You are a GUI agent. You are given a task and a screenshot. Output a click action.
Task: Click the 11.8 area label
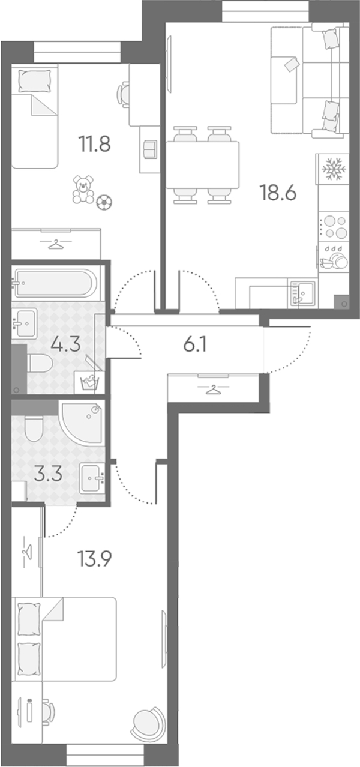tap(94, 144)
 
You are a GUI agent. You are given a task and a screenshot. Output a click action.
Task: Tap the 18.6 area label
tap(278, 193)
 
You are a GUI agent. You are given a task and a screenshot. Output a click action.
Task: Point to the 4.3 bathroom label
tap(65, 344)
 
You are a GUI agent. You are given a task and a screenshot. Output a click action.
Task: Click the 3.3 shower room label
tap(49, 474)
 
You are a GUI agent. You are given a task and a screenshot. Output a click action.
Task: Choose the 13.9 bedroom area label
tap(94, 559)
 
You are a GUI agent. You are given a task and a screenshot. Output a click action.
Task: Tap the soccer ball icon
tap(104, 202)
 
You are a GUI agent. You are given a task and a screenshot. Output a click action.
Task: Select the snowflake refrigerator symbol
tap(332, 169)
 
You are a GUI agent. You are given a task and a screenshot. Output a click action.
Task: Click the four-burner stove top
tap(334, 227)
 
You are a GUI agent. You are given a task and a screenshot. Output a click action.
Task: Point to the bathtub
tap(54, 283)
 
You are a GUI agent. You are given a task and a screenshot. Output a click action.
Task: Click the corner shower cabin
tap(82, 423)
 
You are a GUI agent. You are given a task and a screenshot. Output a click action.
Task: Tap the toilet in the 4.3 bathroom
tap(40, 362)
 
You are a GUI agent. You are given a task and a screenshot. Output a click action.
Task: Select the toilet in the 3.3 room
tap(33, 428)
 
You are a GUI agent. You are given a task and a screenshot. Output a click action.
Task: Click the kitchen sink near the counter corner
tap(302, 293)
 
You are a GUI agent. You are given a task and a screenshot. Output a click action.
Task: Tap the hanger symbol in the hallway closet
tap(213, 389)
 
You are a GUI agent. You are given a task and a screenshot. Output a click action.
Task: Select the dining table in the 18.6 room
tap(203, 165)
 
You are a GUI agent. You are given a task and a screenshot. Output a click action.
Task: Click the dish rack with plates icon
tap(334, 259)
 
